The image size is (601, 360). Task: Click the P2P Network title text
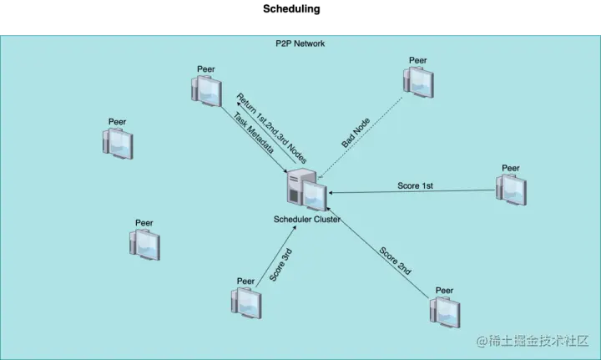(x=300, y=43)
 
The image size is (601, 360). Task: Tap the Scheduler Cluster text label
(x=306, y=220)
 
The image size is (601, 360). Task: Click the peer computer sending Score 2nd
(x=445, y=311)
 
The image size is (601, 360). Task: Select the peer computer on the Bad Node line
(x=418, y=82)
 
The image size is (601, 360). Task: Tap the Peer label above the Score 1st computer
(x=510, y=168)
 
